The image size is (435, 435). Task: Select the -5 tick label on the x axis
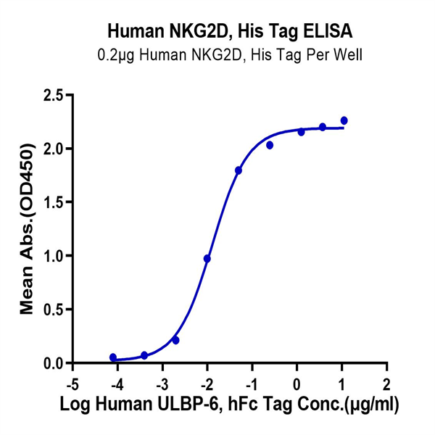pyautogui.click(x=70, y=382)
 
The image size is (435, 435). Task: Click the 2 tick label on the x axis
pyautogui.click(x=386, y=382)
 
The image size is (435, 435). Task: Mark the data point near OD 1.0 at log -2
pyautogui.click(x=207, y=259)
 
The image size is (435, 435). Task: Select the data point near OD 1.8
pyautogui.click(x=239, y=170)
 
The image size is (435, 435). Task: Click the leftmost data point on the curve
pyautogui.click(x=113, y=357)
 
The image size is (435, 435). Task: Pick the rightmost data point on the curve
pyautogui.click(x=344, y=120)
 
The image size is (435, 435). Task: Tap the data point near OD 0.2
pyautogui.click(x=175, y=340)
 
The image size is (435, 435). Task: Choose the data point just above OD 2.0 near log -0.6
pyautogui.click(x=270, y=145)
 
